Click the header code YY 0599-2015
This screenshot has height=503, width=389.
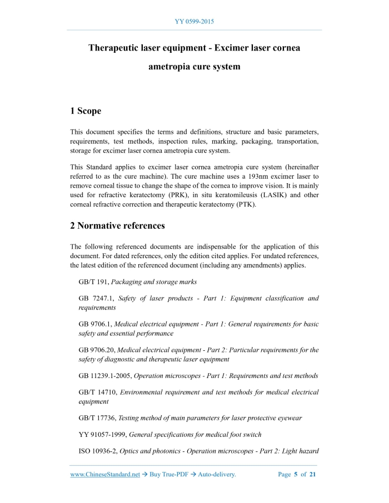[194, 22]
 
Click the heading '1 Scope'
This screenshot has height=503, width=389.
[86, 111]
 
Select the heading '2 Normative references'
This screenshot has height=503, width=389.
[117, 226]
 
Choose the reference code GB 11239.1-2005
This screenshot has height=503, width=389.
[104, 376]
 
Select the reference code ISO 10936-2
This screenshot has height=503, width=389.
[98, 452]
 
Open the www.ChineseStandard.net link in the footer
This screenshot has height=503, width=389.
[104, 475]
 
